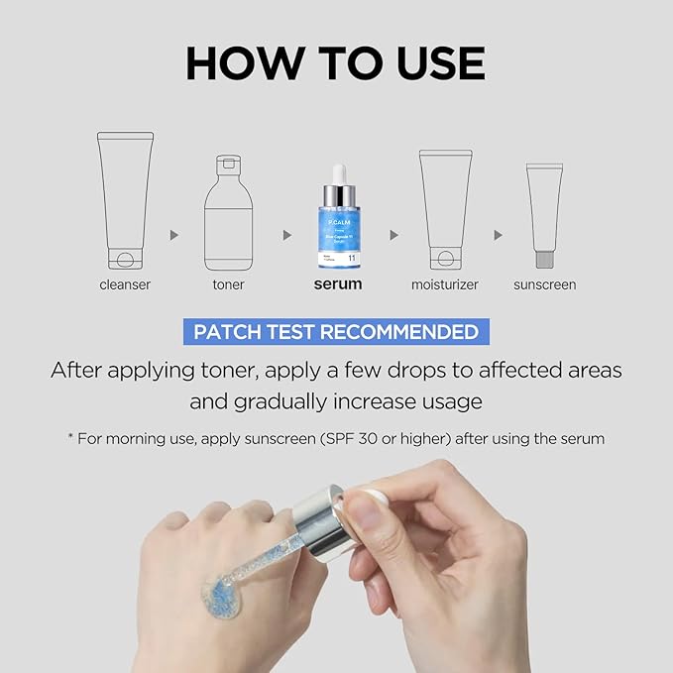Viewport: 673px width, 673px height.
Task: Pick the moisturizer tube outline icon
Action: coord(445,209)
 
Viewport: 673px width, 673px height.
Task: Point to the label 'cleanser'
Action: coord(125,284)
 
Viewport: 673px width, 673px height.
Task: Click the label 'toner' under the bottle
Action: coord(228,284)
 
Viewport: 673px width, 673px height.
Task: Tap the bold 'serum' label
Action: coord(337,283)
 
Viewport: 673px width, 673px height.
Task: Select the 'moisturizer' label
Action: coord(445,284)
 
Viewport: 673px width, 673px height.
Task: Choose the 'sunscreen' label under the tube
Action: coord(544,284)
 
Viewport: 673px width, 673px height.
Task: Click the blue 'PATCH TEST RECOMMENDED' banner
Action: coord(336,331)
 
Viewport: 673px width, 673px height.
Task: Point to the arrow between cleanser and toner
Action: coord(174,235)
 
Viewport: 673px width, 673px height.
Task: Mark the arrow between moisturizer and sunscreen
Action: coord(499,235)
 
